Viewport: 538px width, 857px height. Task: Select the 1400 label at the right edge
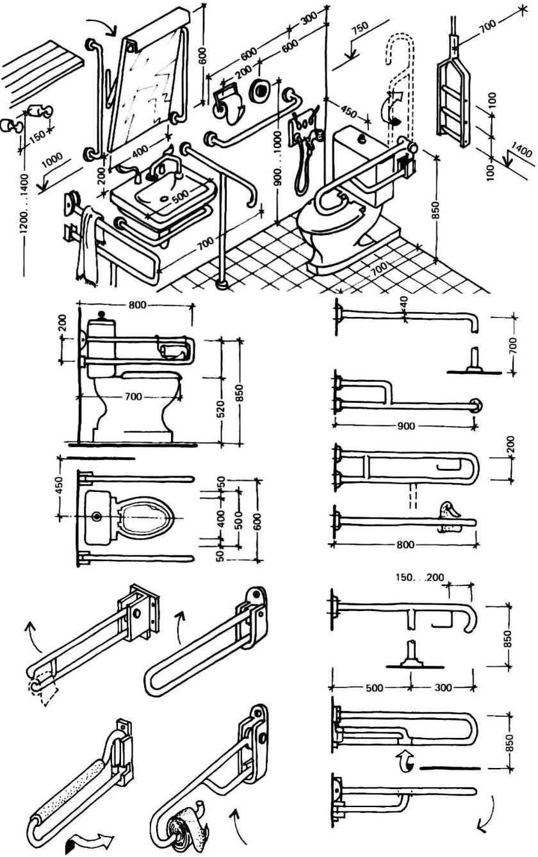(x=521, y=149)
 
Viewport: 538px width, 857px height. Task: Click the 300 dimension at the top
(x=309, y=19)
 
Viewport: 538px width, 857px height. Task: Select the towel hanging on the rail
(x=89, y=245)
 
